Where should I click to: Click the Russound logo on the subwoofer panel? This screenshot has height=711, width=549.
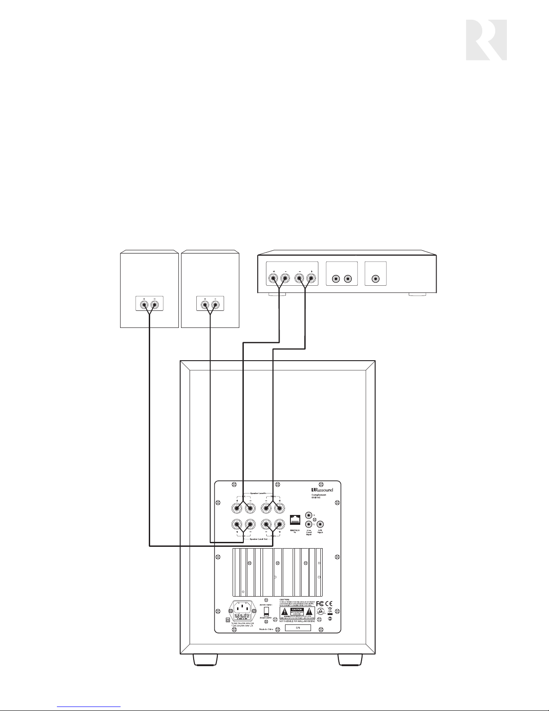coord(322,490)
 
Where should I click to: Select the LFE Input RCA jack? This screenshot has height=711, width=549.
coord(320,524)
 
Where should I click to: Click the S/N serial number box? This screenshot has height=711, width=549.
coord(298,628)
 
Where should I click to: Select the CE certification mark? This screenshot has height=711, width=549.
coord(329,603)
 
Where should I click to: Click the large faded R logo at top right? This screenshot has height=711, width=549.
coord(486,40)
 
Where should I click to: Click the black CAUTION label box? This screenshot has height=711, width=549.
coord(298,611)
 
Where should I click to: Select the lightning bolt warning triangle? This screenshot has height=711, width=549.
coord(285,612)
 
